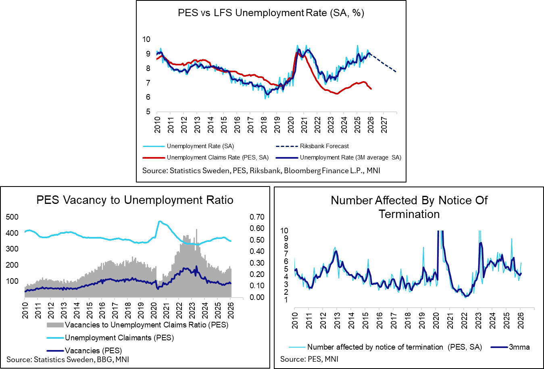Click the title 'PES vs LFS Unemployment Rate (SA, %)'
click(271, 13)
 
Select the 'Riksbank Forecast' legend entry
click(324, 146)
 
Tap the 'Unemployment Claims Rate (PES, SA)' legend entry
click(217, 157)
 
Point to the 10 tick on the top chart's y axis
click(146, 40)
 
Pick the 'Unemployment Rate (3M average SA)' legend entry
click(350, 157)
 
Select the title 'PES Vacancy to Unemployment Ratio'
click(135, 200)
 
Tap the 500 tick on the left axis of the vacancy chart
click(13, 217)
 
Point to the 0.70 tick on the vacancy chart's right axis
click(257, 217)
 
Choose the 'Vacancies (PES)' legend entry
click(93, 350)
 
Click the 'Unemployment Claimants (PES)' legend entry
click(119, 338)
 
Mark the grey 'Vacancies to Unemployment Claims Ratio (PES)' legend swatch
click(55, 325)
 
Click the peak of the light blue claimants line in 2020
click(160, 221)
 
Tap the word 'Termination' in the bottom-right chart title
click(409, 214)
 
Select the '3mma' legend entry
click(519, 347)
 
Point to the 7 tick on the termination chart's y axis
click(286, 254)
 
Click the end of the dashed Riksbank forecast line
click(396, 72)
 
